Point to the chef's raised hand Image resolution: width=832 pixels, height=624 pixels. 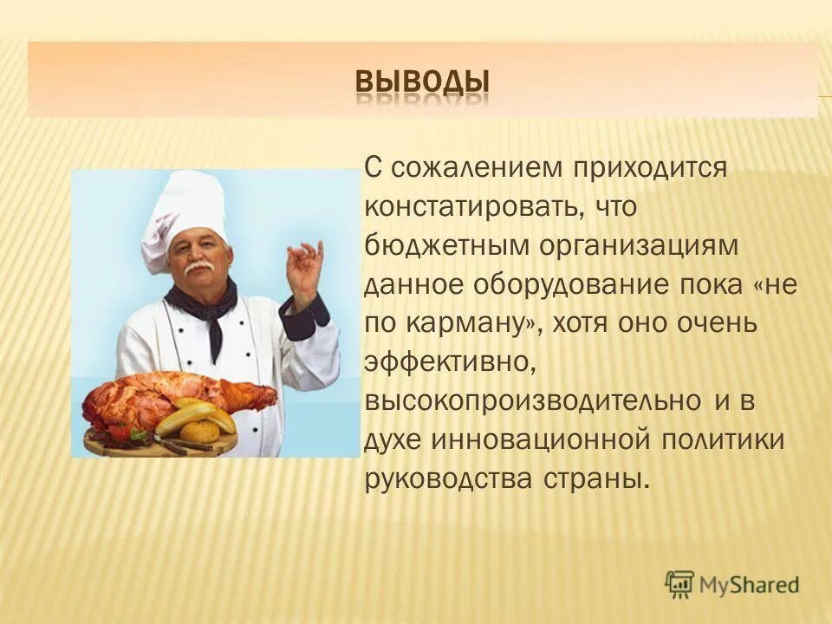tap(303, 268)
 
